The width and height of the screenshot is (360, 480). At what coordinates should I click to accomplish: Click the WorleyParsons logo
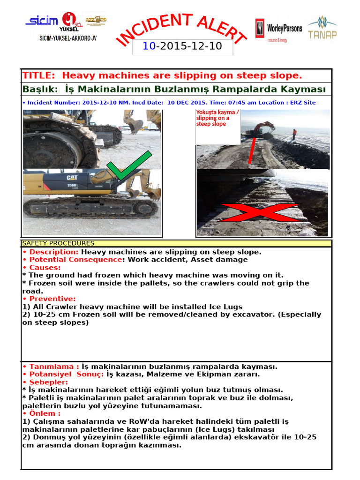[278, 29]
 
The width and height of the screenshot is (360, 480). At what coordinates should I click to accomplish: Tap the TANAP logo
[322, 29]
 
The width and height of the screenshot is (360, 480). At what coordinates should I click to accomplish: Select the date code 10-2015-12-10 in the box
[182, 46]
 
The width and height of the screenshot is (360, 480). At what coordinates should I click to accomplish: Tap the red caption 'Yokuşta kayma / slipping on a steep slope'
[217, 118]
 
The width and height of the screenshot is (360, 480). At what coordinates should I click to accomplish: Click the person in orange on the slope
[294, 134]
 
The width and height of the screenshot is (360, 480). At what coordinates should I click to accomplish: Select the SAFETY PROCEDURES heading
[59, 243]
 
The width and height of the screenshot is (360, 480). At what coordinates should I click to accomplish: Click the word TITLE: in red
[40, 75]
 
